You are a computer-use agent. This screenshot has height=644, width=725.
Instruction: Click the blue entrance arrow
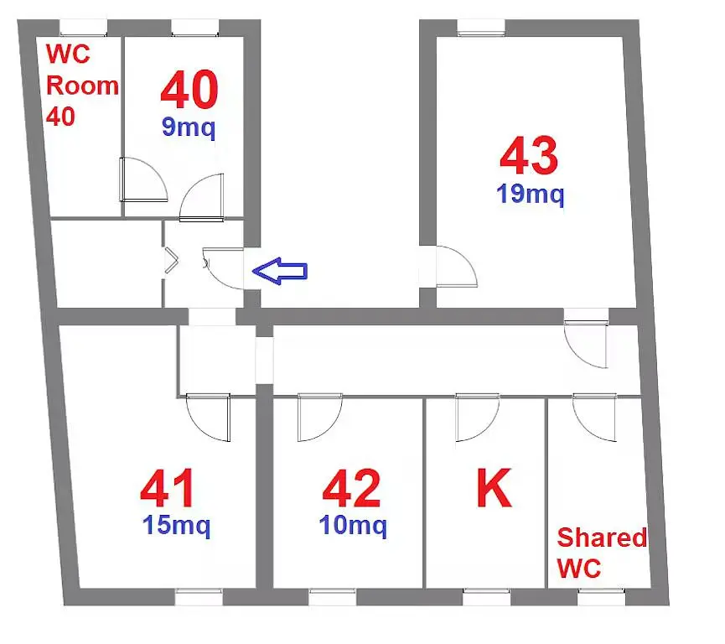(x=280, y=271)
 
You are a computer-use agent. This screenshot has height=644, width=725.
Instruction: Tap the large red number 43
(x=529, y=155)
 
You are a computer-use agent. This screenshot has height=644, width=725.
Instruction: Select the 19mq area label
(x=530, y=194)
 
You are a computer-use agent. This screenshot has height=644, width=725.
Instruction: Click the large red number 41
(x=167, y=489)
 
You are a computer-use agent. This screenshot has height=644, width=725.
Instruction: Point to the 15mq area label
(x=176, y=526)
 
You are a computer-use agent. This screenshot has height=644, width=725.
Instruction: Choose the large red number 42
(x=351, y=489)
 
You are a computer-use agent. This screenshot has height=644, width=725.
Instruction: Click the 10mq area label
(x=353, y=526)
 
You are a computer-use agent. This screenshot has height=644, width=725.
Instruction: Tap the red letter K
(x=494, y=488)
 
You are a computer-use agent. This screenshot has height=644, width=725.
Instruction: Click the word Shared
(x=602, y=538)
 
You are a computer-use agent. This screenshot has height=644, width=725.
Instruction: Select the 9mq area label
(x=189, y=127)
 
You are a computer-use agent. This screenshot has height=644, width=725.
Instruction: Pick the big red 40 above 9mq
(x=189, y=90)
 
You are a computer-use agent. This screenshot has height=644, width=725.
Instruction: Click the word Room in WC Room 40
(x=82, y=86)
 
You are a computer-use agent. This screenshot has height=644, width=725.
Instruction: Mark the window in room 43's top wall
(x=481, y=28)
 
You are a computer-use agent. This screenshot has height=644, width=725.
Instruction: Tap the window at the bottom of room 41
(x=199, y=597)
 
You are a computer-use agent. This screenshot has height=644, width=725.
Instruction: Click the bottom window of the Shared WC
(x=602, y=597)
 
